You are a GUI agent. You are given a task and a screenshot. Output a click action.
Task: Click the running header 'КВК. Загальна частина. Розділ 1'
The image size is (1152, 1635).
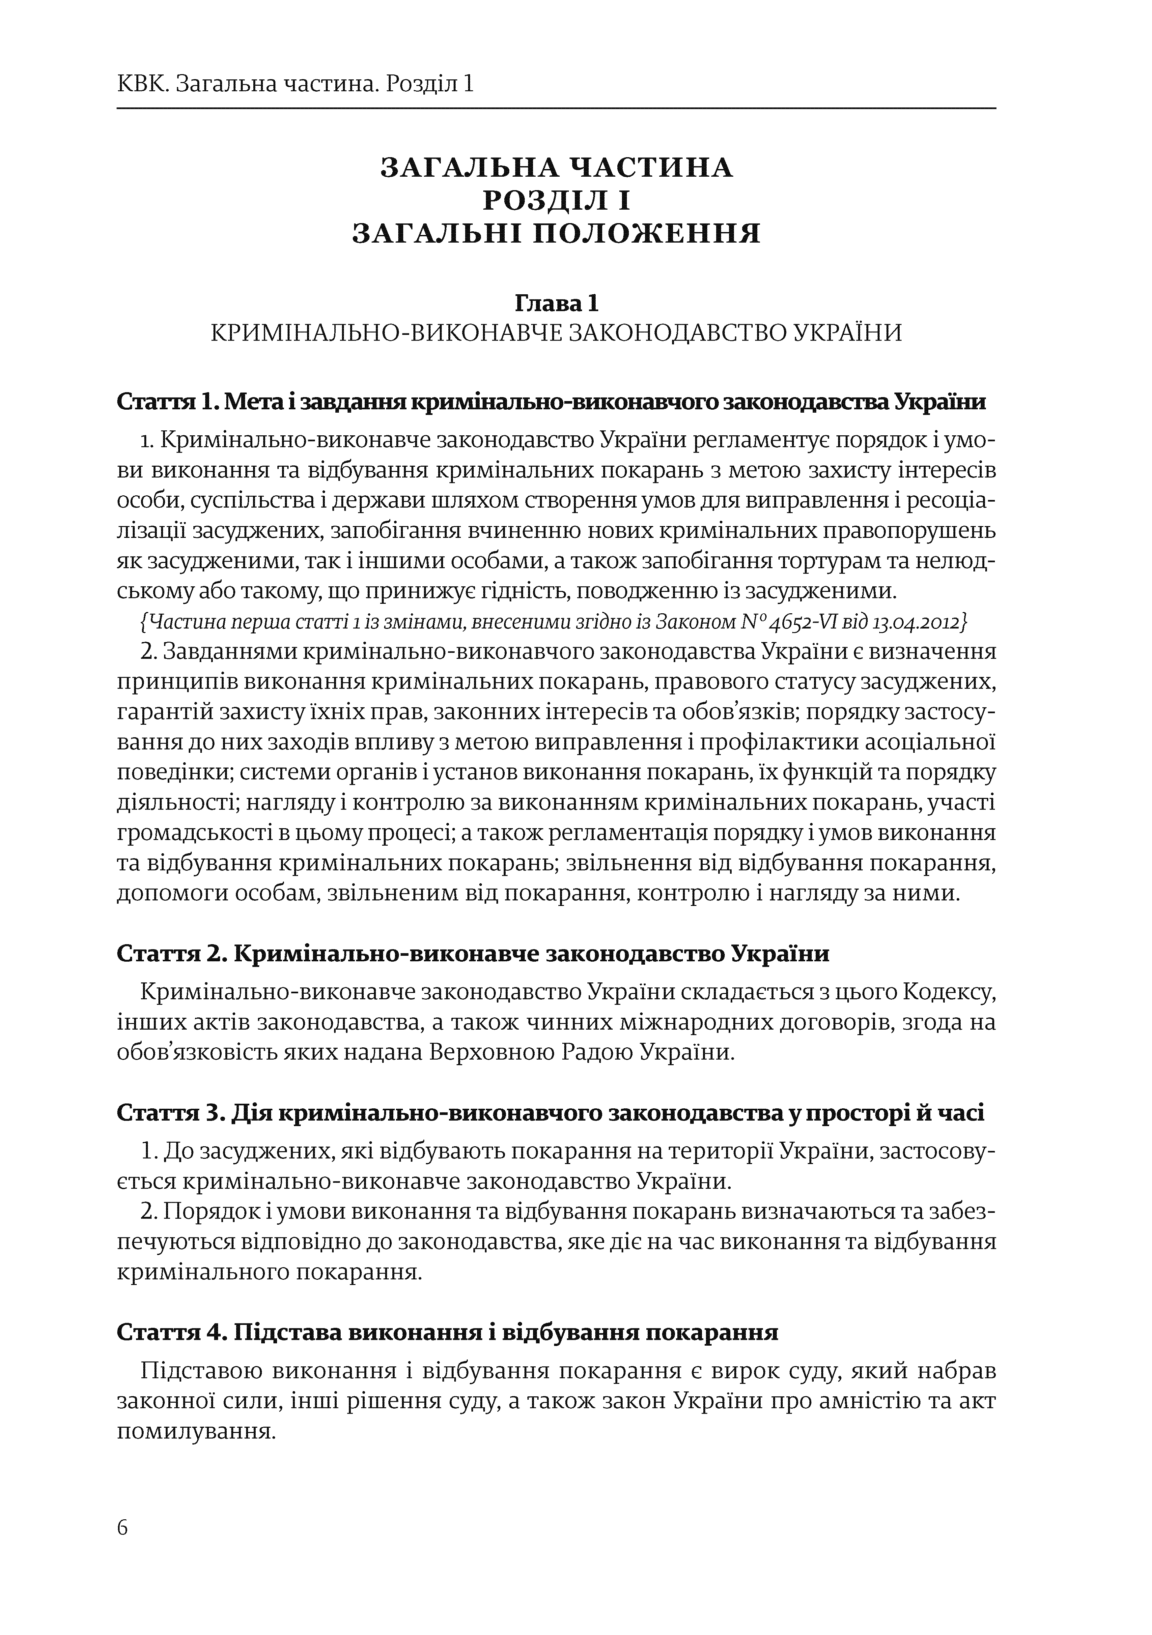(295, 85)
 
